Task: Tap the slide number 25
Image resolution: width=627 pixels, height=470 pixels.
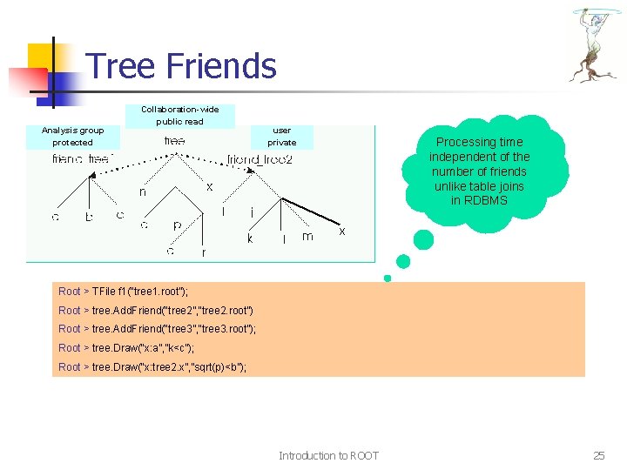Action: pyautogui.click(x=598, y=455)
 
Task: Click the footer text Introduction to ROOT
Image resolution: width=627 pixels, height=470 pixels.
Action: pyautogui.click(x=328, y=455)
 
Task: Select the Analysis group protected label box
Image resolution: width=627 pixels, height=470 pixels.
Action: pyautogui.click(x=72, y=136)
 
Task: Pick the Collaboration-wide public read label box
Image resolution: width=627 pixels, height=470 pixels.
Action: pyautogui.click(x=180, y=116)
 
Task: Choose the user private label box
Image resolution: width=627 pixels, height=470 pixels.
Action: pyautogui.click(x=281, y=136)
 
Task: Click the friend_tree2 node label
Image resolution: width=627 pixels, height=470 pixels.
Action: pyautogui.click(x=260, y=160)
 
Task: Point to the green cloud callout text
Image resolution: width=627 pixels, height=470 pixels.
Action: pyautogui.click(x=478, y=171)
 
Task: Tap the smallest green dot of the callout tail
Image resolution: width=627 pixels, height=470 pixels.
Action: pyautogui.click(x=388, y=279)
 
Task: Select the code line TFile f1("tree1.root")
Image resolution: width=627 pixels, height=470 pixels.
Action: pyautogui.click(x=123, y=292)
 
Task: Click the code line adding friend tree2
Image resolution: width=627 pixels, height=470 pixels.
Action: pyautogui.click(x=156, y=311)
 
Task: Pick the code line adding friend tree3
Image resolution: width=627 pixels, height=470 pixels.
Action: pyautogui.click(x=157, y=329)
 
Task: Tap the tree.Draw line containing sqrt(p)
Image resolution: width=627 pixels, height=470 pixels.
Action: pyautogui.click(x=152, y=367)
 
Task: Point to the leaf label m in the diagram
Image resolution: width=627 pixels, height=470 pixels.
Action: pyautogui.click(x=307, y=237)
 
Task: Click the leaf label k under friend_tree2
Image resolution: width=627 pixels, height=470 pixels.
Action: pyautogui.click(x=250, y=238)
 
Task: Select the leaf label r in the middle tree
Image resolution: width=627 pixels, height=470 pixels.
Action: pyautogui.click(x=204, y=252)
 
